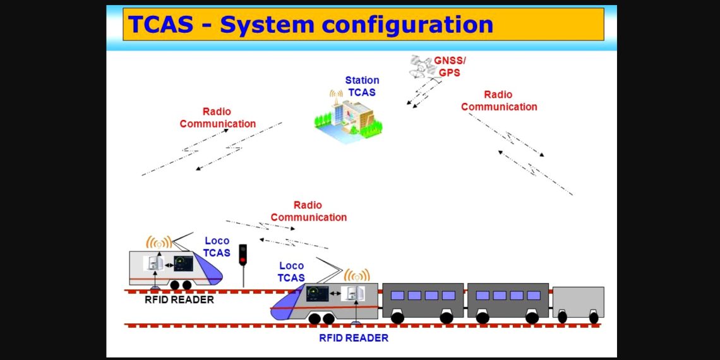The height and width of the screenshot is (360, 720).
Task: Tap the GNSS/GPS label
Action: [x=450, y=66]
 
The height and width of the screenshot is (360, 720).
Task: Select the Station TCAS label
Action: [x=362, y=87]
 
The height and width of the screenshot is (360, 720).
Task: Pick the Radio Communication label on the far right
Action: [x=499, y=100]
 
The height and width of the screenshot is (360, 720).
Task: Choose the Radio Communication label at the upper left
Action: [x=217, y=117]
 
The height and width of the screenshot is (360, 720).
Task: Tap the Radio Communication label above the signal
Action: [x=308, y=211]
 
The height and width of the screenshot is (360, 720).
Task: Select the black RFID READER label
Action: [x=179, y=299]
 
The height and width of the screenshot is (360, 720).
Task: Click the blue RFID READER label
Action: [x=353, y=338]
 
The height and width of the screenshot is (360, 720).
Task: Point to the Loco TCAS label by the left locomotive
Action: [x=217, y=247]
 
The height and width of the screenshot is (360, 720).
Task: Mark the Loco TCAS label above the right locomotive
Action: [x=291, y=272]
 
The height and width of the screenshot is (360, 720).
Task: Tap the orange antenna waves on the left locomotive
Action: [x=159, y=243]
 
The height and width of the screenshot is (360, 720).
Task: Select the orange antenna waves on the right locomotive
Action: [x=357, y=275]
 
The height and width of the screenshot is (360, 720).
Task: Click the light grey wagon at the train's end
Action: [x=578, y=303]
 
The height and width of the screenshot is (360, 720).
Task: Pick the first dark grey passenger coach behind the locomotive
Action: [x=423, y=300]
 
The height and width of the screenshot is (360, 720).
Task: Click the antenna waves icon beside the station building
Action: [x=335, y=94]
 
